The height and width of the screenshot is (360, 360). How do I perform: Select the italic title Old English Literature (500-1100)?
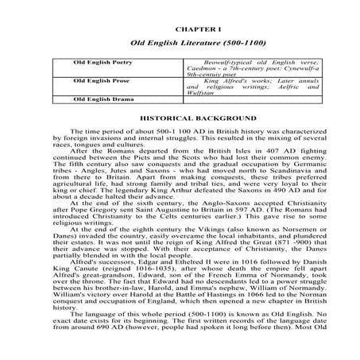click(x=180, y=41)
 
